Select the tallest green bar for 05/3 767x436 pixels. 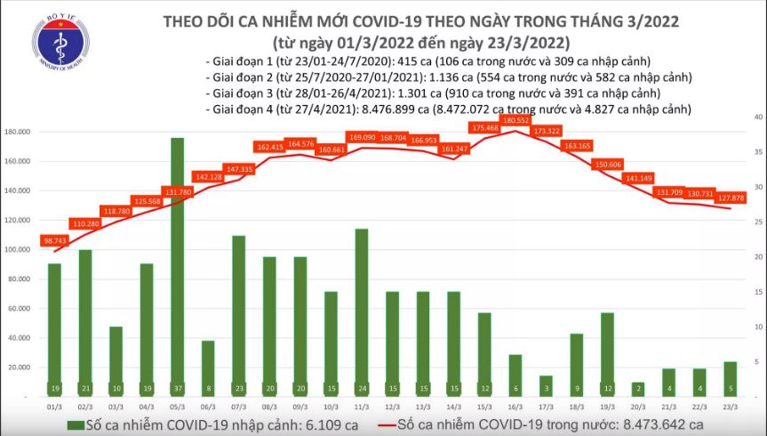(177, 267)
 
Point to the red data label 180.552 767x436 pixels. (515, 119)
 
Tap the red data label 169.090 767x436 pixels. (362, 138)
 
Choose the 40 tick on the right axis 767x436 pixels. (754, 117)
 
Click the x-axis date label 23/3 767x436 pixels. (730, 405)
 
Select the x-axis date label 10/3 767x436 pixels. (330, 405)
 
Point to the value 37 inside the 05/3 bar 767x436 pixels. (177, 389)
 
